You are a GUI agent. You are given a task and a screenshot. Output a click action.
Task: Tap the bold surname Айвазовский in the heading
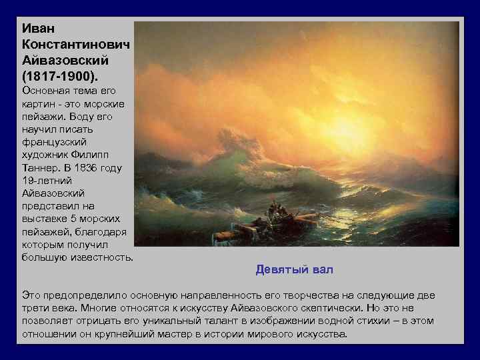tap(65, 60)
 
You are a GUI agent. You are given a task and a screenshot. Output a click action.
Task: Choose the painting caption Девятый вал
tap(294, 269)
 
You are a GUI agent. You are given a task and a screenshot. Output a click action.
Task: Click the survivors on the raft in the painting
tap(274, 214)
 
